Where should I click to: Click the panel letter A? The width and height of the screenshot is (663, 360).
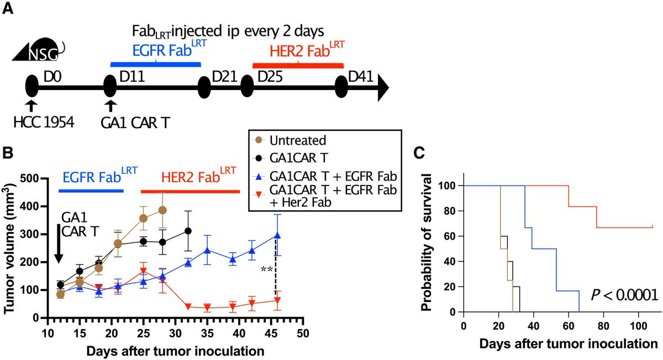click(9, 10)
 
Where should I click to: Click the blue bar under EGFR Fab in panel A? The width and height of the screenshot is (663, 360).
click(156, 64)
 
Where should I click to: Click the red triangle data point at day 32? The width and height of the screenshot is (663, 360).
click(188, 306)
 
